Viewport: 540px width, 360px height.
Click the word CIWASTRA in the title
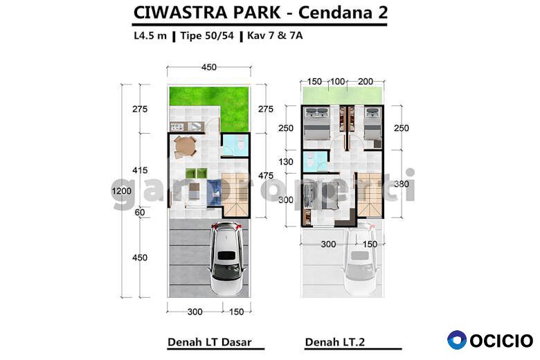180,12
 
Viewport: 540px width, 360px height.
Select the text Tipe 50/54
207,35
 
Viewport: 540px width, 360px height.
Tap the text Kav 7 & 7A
275,35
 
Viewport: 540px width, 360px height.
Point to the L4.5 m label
150,35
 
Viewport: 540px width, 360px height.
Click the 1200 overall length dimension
121,191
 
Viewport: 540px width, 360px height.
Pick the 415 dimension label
140,170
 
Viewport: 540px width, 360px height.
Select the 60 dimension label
139,213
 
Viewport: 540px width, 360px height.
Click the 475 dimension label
266,176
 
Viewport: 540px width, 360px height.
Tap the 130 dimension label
286,161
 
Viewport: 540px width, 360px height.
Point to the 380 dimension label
402,184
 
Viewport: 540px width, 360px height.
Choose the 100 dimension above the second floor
338,82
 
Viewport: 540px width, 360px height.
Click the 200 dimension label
366,82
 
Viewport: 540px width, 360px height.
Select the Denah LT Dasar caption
209,342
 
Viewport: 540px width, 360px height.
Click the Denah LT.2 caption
335,342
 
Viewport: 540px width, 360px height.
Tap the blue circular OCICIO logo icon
457,340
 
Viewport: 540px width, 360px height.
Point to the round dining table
185,147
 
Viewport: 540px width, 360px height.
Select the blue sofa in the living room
213,193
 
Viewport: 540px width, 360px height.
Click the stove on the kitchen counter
177,127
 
